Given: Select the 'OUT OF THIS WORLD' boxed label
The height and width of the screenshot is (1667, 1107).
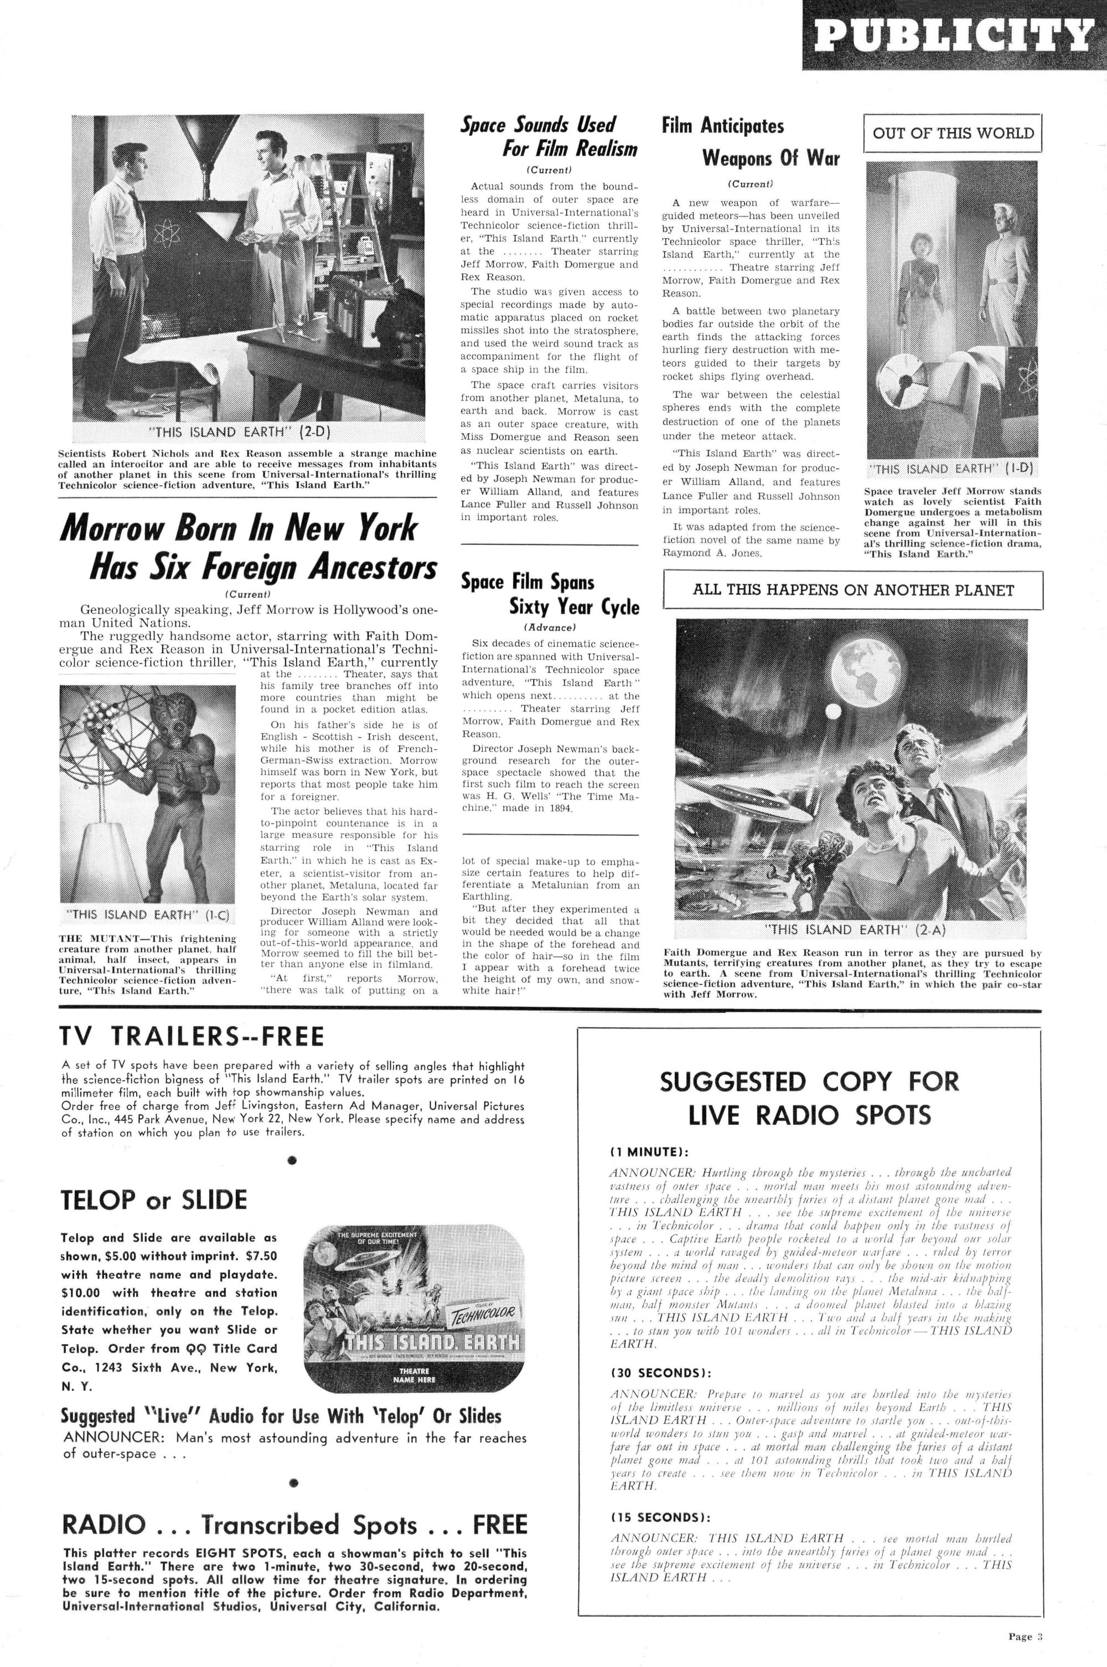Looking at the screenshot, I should (x=953, y=133).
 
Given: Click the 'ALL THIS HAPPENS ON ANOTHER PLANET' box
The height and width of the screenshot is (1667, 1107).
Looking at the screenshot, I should (x=853, y=590).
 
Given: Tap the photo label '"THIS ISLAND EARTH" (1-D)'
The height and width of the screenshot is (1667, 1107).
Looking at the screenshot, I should (x=953, y=469).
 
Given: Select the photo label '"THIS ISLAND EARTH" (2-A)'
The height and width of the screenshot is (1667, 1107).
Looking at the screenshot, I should (x=853, y=929).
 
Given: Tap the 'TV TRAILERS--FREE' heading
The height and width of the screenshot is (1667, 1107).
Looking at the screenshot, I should (x=193, y=1036).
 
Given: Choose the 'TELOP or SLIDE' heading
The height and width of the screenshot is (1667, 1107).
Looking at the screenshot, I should (x=154, y=1200).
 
